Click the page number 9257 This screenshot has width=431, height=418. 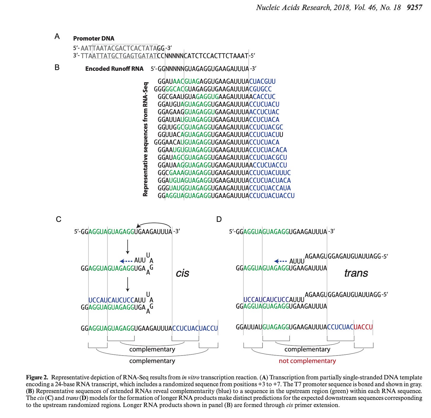pyautogui.click(x=414, y=7)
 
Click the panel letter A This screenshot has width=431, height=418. pyautogui.click(x=57, y=36)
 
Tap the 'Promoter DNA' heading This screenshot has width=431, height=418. pyautogui.click(x=94, y=38)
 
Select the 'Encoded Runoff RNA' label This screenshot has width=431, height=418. pyautogui.click(x=114, y=69)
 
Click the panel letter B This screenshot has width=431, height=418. pyautogui.click(x=57, y=67)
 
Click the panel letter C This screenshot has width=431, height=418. pyautogui.click(x=59, y=219)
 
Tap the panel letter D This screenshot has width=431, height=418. pyautogui.click(x=219, y=219)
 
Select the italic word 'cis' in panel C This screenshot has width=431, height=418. pyautogui.click(x=182, y=273)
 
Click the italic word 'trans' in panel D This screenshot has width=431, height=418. pyautogui.click(x=356, y=273)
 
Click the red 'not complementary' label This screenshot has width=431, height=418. pyautogui.click(x=307, y=361)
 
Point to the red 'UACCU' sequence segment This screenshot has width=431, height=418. pyautogui.click(x=363, y=327)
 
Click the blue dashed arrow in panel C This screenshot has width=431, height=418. pyautogui.click(x=126, y=261)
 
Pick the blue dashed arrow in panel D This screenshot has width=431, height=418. pyautogui.click(x=281, y=261)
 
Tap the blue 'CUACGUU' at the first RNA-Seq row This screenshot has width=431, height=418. pyautogui.click(x=262, y=81)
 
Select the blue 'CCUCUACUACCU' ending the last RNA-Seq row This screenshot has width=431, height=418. pyautogui.click(x=272, y=196)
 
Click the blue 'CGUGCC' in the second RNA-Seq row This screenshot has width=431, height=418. pyautogui.click(x=260, y=89)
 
